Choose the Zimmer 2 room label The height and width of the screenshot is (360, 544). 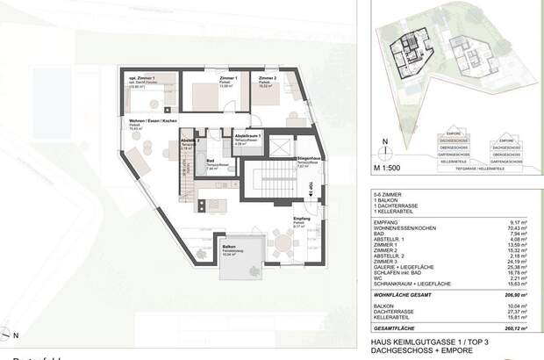268,78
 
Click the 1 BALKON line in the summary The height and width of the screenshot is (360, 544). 387,206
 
